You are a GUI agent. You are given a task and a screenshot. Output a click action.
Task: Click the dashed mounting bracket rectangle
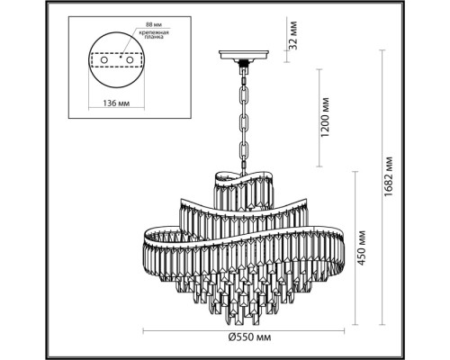(118, 70)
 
